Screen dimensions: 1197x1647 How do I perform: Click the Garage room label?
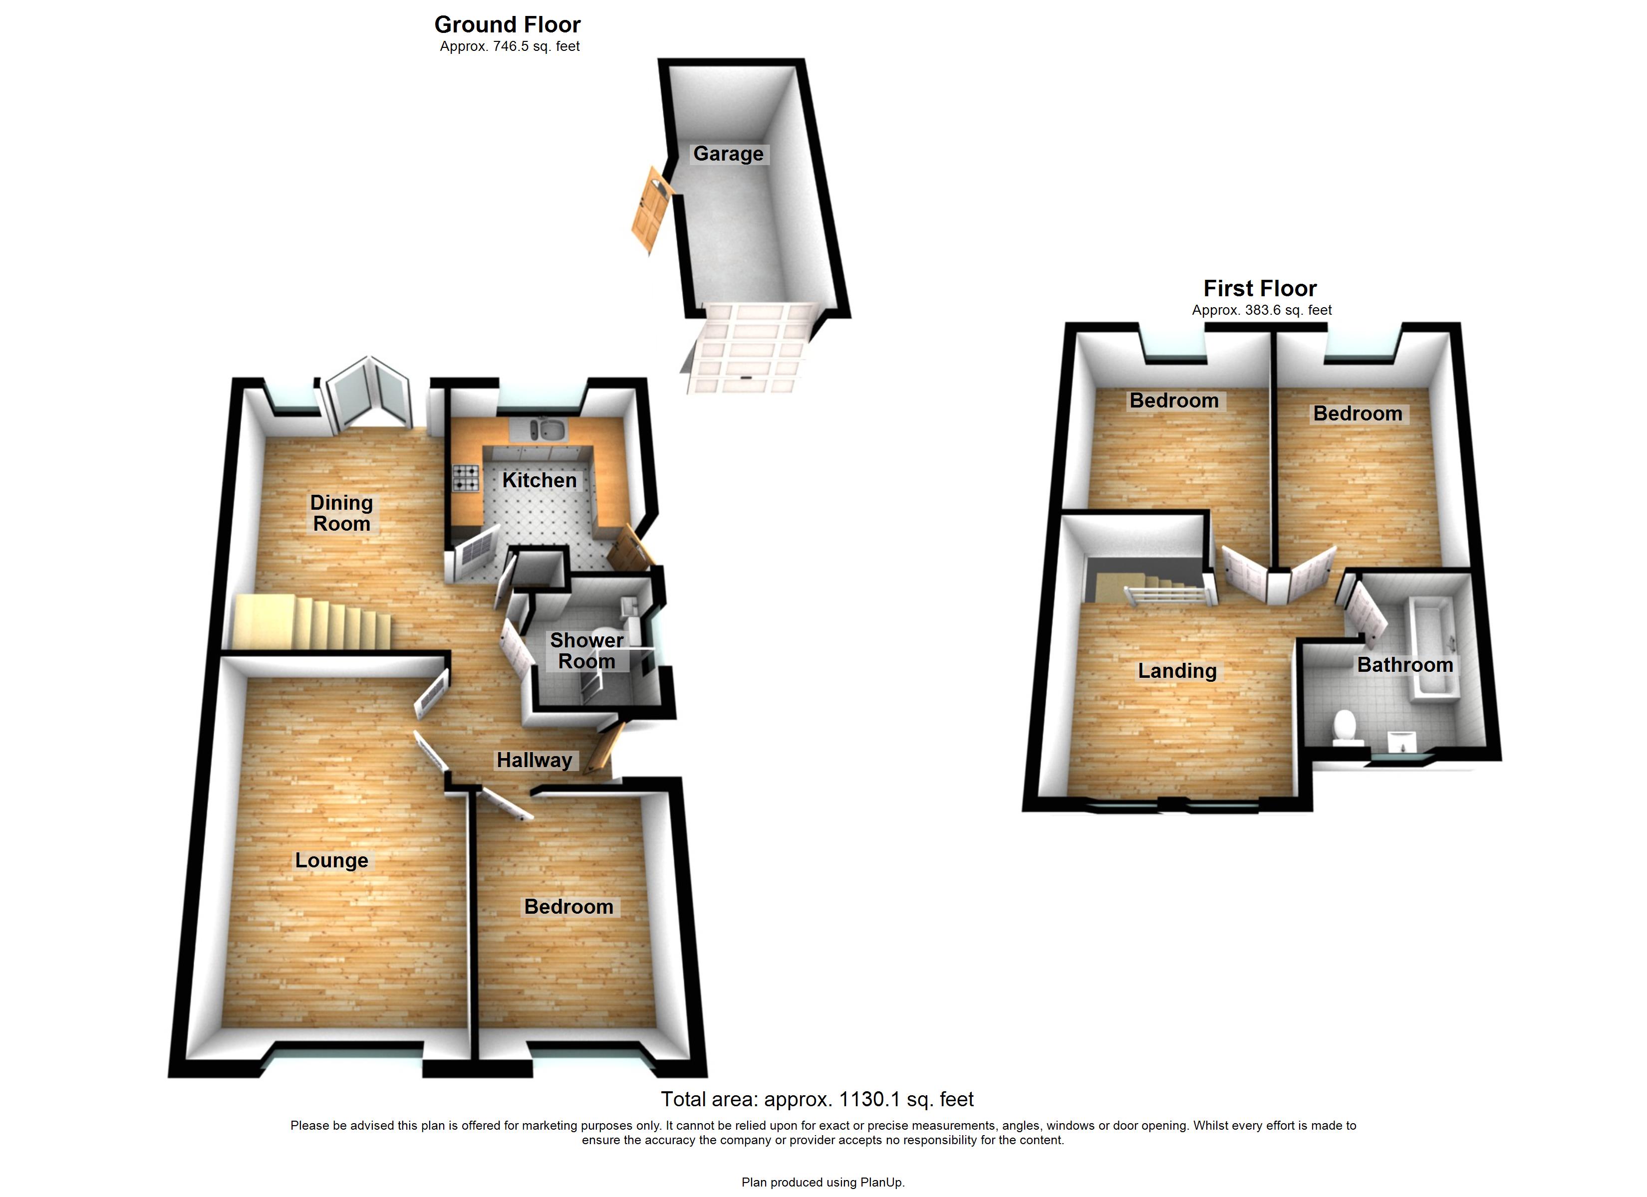click(728, 154)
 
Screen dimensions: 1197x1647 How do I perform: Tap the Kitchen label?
click(539, 480)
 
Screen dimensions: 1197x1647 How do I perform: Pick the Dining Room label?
click(341, 513)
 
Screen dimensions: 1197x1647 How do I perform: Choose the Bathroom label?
click(1404, 665)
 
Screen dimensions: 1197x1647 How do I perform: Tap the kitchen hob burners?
click(466, 478)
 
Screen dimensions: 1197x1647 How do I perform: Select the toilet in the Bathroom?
click(1345, 727)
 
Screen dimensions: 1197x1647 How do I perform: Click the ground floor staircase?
click(312, 622)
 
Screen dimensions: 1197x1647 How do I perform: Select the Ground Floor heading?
click(507, 24)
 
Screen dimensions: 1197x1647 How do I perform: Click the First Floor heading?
click(1260, 288)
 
